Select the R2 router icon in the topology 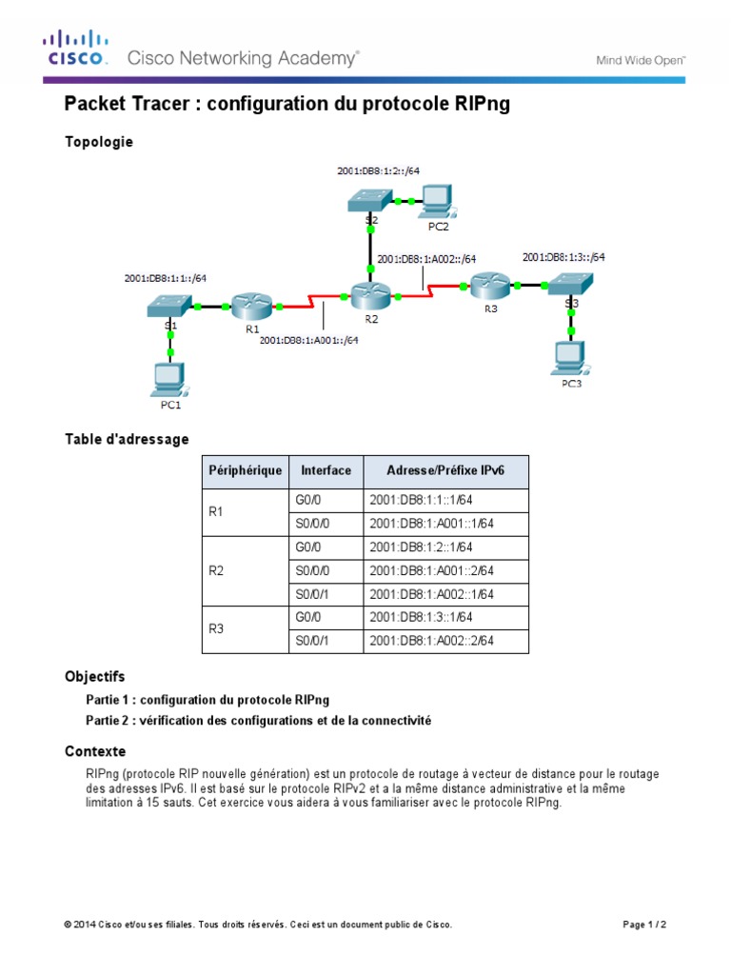pos(371,295)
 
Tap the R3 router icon pos(488,283)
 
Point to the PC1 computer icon pos(169,378)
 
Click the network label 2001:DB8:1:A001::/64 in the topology pos(308,339)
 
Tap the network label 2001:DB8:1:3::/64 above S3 pos(563,257)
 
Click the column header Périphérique pos(246,470)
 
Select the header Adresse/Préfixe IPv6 pos(445,470)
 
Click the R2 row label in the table pos(216,571)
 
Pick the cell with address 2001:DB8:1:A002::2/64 pos(432,641)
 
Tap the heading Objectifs pos(94,677)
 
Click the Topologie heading pos(99,142)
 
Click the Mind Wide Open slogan pos(641,59)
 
